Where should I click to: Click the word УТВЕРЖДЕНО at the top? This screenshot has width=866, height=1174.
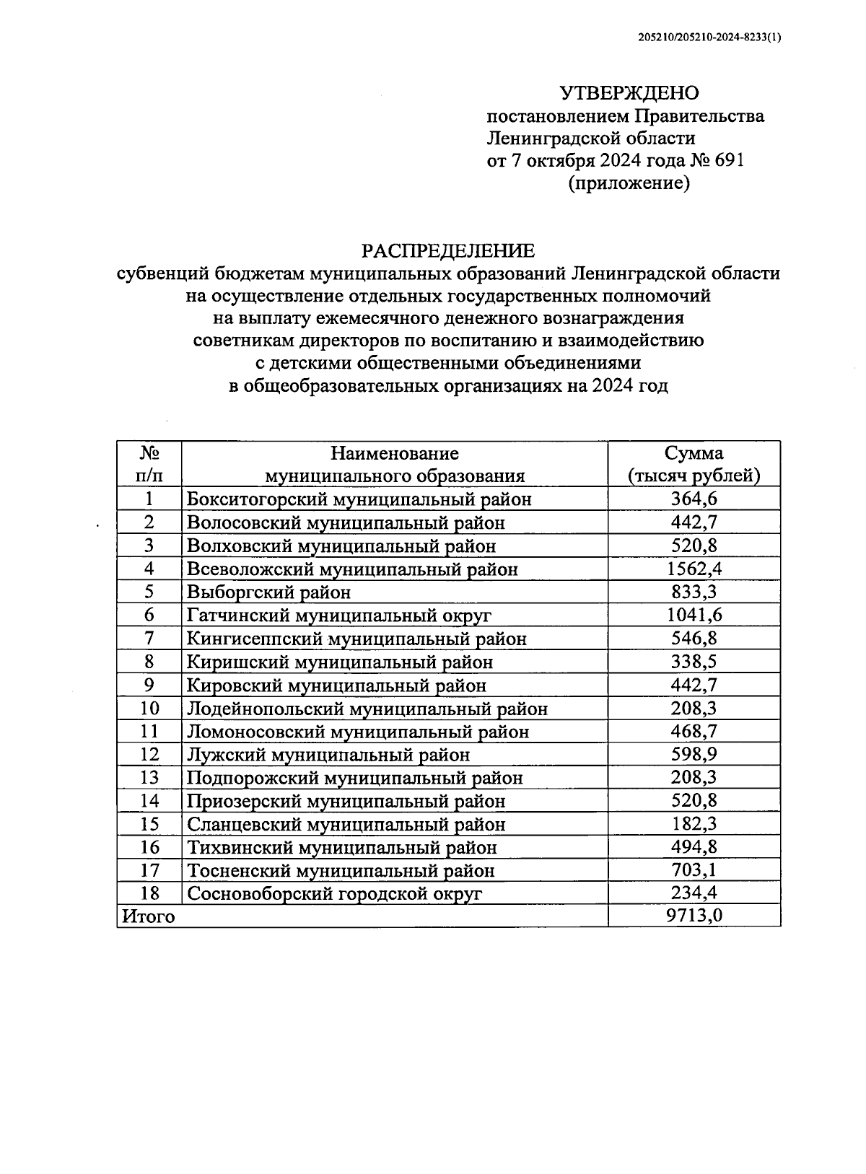[629, 93]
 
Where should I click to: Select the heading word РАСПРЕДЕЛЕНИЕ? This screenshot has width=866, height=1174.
[448, 251]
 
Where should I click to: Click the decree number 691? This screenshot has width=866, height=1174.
[727, 160]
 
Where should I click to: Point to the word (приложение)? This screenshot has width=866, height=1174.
[629, 183]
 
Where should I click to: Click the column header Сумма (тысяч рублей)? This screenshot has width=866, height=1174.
[694, 464]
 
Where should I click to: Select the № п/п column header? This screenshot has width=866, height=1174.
[149, 464]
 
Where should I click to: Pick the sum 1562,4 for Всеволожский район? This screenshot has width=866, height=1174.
[694, 569]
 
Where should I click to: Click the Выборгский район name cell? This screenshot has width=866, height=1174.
[268, 592]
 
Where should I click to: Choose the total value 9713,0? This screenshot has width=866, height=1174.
[694, 916]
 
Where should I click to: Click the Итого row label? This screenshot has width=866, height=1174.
[149, 916]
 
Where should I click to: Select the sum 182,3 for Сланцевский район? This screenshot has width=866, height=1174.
[694, 824]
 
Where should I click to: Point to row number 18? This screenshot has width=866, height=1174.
[149, 893]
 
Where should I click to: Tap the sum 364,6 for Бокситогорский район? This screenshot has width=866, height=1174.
[694, 499]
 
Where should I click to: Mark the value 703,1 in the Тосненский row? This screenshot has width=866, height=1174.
[694, 870]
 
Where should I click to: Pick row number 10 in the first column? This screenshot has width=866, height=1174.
[149, 709]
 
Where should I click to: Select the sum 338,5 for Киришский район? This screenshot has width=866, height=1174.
[694, 662]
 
